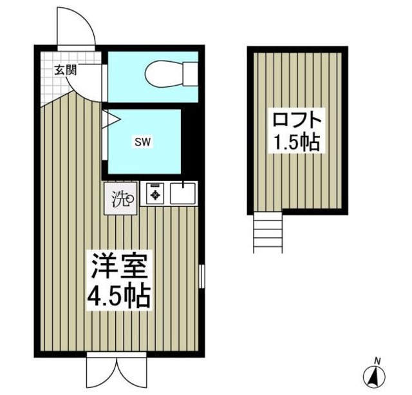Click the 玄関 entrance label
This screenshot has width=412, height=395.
(x=64, y=70)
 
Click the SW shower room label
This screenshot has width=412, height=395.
(x=143, y=142)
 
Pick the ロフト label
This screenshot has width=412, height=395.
(x=296, y=120)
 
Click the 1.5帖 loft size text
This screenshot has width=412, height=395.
(x=296, y=143)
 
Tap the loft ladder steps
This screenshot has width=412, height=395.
(x=268, y=233)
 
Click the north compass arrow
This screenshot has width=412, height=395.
(x=377, y=375)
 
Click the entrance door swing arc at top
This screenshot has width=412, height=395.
(x=76, y=26)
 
